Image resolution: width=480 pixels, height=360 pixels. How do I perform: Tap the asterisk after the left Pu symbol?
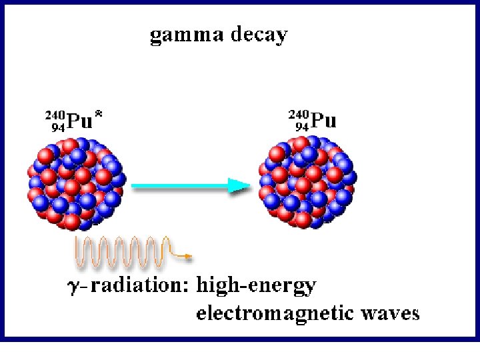coord(99,118)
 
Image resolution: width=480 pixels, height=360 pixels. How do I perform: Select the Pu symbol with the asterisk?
coord(79,121)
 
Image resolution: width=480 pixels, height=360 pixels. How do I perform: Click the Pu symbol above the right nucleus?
coord(324,121)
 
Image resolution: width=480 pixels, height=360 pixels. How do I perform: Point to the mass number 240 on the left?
coord(55,115)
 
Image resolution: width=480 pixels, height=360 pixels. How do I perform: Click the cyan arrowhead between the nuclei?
coord(238,185)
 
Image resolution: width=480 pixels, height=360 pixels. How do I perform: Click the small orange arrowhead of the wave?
coord(189,256)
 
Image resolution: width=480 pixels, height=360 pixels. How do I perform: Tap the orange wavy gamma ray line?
coord(120,250)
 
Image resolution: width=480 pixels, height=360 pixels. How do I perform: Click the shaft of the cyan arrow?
coord(180,186)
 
